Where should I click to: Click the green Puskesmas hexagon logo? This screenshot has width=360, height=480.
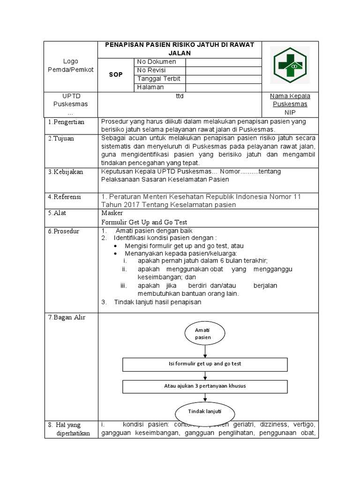pyautogui.click(x=290, y=66)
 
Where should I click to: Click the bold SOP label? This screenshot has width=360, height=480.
pyautogui.click(x=116, y=75)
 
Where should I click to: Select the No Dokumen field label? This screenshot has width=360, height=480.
pyautogui.click(x=157, y=62)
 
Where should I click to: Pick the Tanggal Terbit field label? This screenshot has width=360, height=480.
pyautogui.click(x=158, y=79)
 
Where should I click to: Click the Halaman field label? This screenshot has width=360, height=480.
pyautogui.click(x=150, y=87)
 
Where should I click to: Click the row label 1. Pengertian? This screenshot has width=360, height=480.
pyautogui.click(x=67, y=122)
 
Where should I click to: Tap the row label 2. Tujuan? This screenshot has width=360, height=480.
pyautogui.click(x=61, y=139)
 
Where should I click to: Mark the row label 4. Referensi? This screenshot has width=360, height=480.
pyautogui.click(x=65, y=197)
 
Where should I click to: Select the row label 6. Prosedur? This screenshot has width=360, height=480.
pyautogui.click(x=64, y=232)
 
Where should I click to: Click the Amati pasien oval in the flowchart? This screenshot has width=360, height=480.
pyautogui.click(x=203, y=334)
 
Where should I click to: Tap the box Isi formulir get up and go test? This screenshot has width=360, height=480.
pyautogui.click(x=205, y=364)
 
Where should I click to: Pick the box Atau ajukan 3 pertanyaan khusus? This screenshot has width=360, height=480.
pyautogui.click(x=205, y=386)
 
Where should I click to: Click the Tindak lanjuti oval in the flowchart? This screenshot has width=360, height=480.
pyautogui.click(x=204, y=412)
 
